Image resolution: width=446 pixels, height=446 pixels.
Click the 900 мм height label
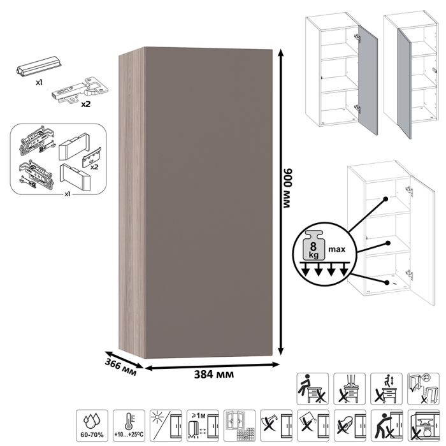pos(288,188)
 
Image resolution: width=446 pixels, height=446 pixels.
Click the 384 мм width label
pos(214,375)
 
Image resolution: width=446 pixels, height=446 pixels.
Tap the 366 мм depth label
pos(120,367)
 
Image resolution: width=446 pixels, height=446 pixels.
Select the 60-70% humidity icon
pos(92,426)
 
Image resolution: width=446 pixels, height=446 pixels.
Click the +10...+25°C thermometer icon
pos(129,426)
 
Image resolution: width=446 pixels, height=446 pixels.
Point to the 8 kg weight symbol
pos(313,246)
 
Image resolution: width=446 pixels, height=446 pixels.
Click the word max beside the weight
pos(337,250)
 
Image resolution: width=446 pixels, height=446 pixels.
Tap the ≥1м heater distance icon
pos(203,426)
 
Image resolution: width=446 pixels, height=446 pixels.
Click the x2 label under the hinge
pos(85,104)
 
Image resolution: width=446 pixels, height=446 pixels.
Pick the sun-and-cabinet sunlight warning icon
pos(166,426)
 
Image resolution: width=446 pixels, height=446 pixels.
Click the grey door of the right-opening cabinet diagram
pos(368,80)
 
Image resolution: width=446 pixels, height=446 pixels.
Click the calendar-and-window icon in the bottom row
pos(240,426)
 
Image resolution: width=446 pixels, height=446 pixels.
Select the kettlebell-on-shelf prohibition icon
pos(423,426)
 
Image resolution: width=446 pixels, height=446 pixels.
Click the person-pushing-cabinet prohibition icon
pos(387,426)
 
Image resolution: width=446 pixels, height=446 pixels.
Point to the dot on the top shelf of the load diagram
pos(385,199)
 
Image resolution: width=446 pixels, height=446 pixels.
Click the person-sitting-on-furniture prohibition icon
pos(313,389)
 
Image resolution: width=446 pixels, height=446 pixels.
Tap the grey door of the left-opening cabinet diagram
pos(405,84)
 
